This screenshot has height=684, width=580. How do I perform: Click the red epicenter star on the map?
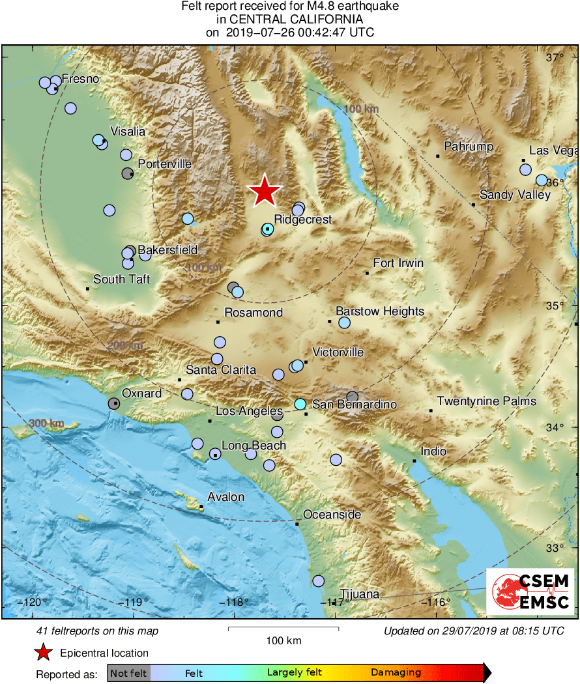pos(265,192)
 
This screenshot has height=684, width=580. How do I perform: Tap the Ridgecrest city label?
pos(302,220)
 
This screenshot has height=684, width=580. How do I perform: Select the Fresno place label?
pos(80,79)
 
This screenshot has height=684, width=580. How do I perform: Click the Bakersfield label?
pos(167,250)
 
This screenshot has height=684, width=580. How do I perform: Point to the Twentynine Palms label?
pos(487,401)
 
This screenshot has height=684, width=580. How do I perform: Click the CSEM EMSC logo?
pos(530,591)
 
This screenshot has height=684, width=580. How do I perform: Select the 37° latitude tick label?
pos(555,57)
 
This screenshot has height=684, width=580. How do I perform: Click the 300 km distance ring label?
pos(46,424)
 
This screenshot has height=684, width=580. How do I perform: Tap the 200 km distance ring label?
pos(125,346)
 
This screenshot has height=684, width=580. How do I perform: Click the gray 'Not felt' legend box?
pos(128,673)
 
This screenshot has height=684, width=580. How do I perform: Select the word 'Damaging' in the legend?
pos(396,673)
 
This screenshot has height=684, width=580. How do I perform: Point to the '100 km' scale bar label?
pos(283,641)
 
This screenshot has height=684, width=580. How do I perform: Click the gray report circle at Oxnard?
pos(113,403)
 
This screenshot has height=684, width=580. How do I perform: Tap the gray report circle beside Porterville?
pos(128,173)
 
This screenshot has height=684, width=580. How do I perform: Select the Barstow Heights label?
pos(380,311)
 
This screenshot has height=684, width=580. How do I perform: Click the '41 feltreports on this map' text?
pos(97,631)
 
